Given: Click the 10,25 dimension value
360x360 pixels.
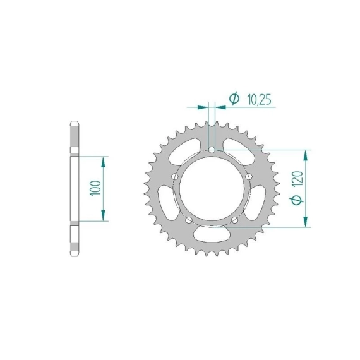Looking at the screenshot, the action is coord(259,100).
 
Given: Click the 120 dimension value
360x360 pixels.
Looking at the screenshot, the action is coord(298,179).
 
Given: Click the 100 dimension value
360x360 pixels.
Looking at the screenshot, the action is coord(96,188).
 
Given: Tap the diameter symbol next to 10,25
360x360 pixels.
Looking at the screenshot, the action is coord(234,99).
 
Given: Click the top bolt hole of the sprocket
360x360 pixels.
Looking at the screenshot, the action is coord(212,150).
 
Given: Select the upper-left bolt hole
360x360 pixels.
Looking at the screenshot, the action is coord(175,177).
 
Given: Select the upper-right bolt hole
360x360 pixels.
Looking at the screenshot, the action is coord(249,177).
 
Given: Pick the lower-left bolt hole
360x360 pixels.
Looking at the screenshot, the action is coord(189,220).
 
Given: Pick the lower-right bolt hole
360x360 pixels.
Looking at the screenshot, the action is coord(234,220).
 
